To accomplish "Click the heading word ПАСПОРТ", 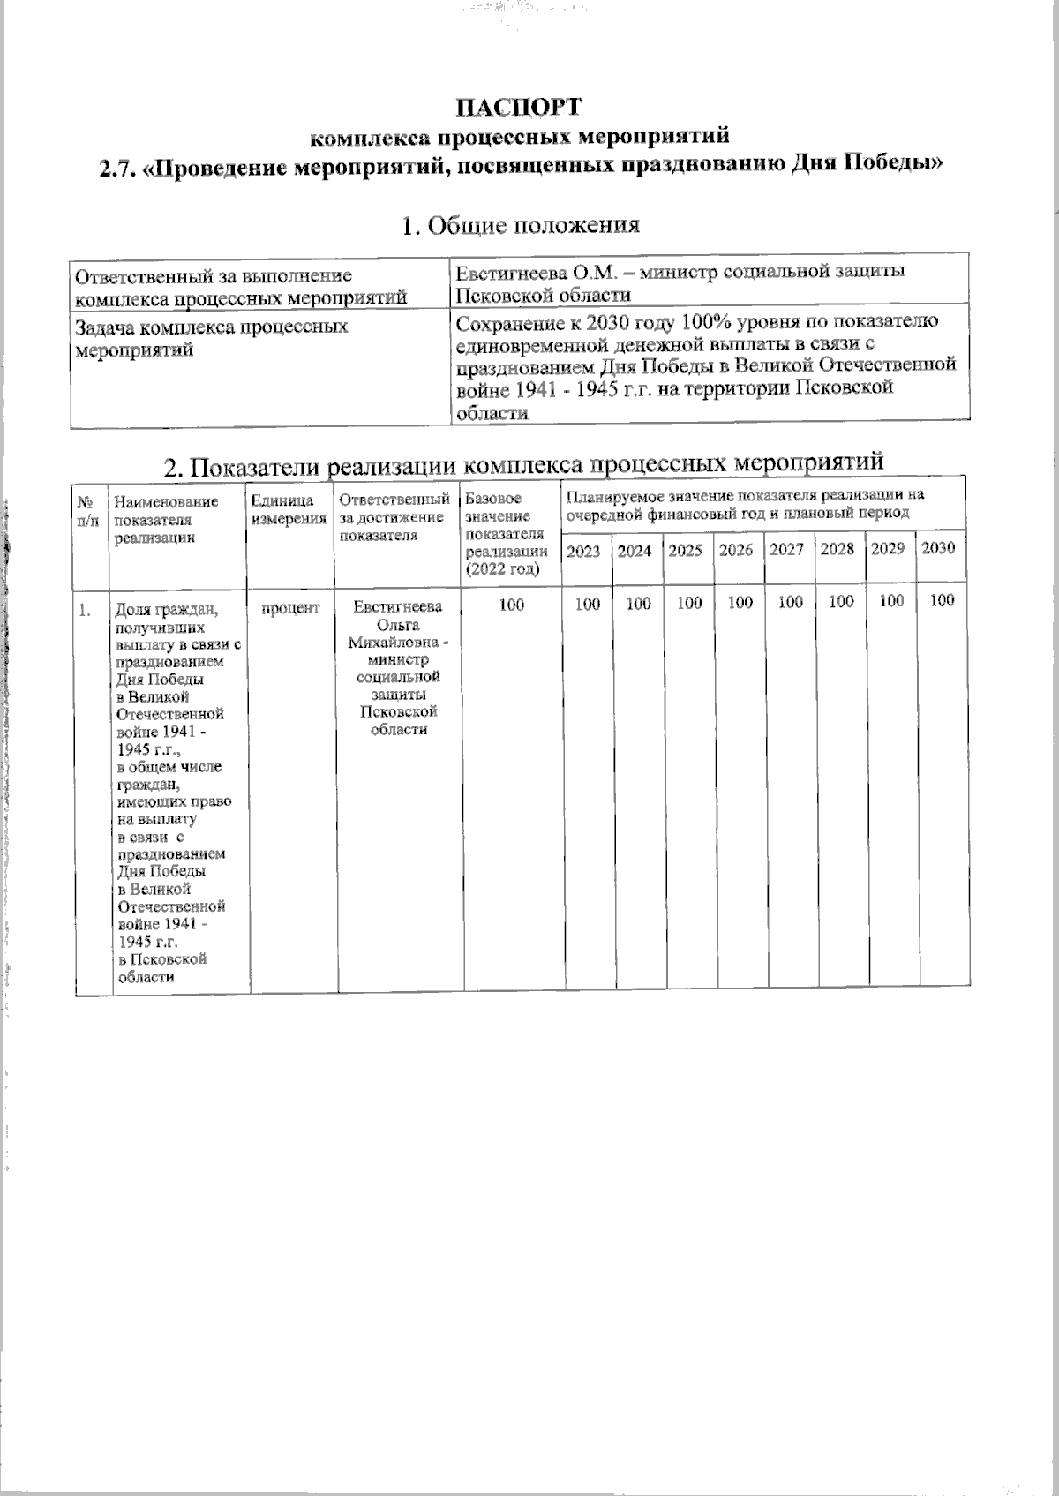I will pyautogui.click(x=519, y=107).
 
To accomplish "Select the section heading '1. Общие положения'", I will pyautogui.click(x=520, y=225).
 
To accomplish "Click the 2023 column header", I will pyautogui.click(x=582, y=551).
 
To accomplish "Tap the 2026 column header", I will pyautogui.click(x=736, y=550).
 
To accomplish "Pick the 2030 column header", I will pyautogui.click(x=937, y=548).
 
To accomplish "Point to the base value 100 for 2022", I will pyautogui.click(x=511, y=605).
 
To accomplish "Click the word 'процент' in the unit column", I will pyautogui.click(x=291, y=607).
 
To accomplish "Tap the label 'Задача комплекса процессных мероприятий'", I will pyautogui.click(x=212, y=338).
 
